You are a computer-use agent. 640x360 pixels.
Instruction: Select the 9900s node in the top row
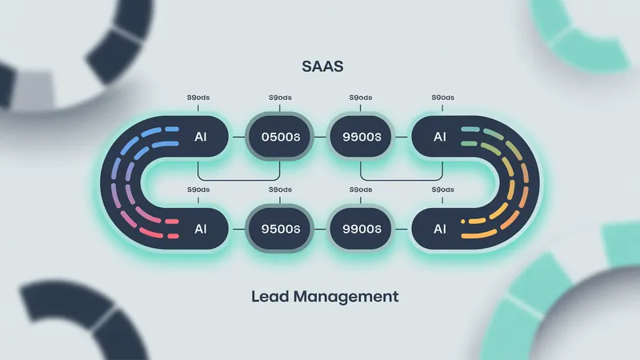[x=360, y=136]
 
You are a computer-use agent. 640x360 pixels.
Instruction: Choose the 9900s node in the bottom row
[x=360, y=228]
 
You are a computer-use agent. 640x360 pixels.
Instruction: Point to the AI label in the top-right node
[x=439, y=136]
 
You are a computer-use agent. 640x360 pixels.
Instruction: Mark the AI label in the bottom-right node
[x=439, y=228]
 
